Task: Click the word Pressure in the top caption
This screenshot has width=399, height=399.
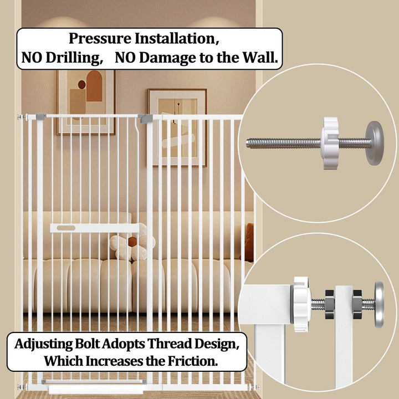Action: [100, 39]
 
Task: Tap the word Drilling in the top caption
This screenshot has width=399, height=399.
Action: [74, 58]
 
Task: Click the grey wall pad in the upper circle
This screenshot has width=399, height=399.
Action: [375, 144]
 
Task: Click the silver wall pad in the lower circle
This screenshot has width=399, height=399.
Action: [379, 304]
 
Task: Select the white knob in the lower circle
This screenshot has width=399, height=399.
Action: [301, 304]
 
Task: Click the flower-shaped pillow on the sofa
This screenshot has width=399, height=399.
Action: [132, 244]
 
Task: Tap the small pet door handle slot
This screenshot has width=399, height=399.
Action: [66, 228]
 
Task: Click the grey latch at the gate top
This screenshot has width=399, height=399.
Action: [145, 119]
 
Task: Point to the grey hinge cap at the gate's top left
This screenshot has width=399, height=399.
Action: [40, 117]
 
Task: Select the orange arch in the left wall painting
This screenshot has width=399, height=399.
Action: [94, 86]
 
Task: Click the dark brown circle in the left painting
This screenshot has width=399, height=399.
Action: [81, 84]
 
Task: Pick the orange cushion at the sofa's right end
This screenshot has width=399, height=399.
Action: [249, 242]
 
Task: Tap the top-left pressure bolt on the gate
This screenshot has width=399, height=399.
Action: [22, 117]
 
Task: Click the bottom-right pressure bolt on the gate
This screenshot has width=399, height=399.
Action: [255, 387]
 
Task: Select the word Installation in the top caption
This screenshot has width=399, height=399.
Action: [177, 39]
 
